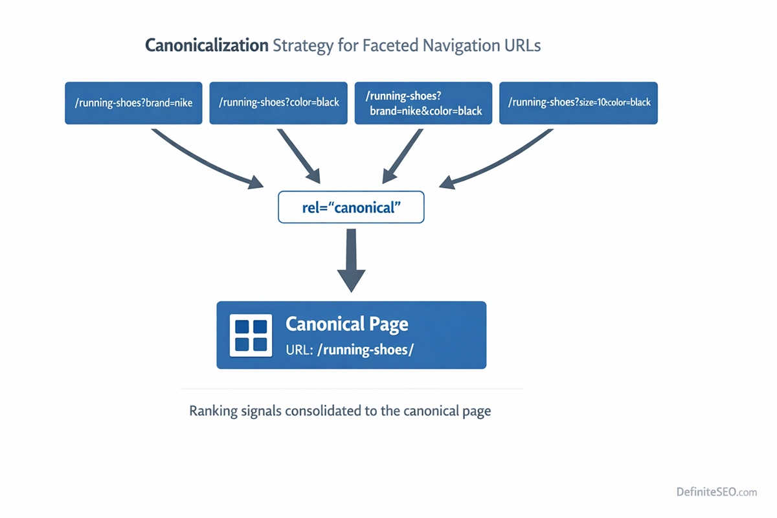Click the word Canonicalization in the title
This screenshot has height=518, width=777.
pyautogui.click(x=207, y=46)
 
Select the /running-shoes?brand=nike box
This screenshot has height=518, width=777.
pyautogui.click(x=133, y=102)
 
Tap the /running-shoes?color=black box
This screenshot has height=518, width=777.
pyautogui.click(x=278, y=102)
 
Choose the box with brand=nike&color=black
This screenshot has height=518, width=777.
pyautogui.click(x=423, y=103)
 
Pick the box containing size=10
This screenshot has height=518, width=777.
pyautogui.click(x=579, y=102)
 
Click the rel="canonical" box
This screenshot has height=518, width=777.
pyautogui.click(x=351, y=207)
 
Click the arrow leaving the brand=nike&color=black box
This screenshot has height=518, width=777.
pyautogui.click(x=402, y=155)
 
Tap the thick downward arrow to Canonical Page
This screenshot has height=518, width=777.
pyautogui.click(x=351, y=259)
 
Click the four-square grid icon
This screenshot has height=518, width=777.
pyautogui.click(x=251, y=335)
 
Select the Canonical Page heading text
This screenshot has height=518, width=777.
pyautogui.click(x=347, y=324)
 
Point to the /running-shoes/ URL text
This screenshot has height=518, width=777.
pyautogui.click(x=365, y=350)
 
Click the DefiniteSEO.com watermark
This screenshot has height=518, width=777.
pyautogui.click(x=716, y=492)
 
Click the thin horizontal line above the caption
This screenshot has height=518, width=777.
pyautogui.click(x=351, y=389)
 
